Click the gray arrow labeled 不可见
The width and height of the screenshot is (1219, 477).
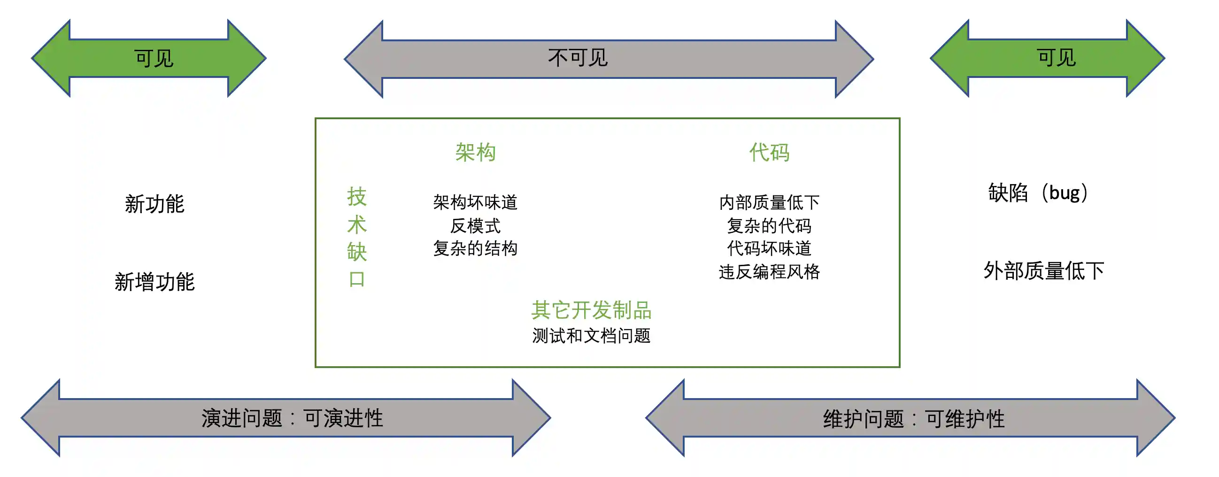(x=608, y=59)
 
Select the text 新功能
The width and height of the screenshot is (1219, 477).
(x=154, y=204)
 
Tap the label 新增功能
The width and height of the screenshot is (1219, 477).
(x=154, y=282)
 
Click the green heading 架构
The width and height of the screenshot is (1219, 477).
(x=475, y=153)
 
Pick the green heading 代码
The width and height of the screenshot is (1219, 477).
(x=769, y=153)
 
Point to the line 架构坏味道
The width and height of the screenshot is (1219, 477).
(x=475, y=202)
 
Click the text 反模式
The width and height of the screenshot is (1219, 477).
(x=475, y=226)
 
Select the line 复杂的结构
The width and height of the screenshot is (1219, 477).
(x=475, y=248)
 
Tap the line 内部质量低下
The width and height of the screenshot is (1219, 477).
(x=769, y=202)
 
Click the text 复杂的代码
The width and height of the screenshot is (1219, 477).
(x=769, y=226)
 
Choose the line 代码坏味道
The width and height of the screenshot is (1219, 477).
(x=769, y=248)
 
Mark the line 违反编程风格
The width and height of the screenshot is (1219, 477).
(x=769, y=272)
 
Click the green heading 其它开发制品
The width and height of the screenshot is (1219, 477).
(x=591, y=310)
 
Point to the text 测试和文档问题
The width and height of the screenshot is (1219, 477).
(x=591, y=336)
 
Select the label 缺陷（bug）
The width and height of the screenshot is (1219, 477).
(x=1038, y=192)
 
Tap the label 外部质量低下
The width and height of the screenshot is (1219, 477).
(x=1043, y=271)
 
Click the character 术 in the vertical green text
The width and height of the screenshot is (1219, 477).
(x=357, y=224)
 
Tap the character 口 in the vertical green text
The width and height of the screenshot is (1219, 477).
(x=357, y=279)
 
